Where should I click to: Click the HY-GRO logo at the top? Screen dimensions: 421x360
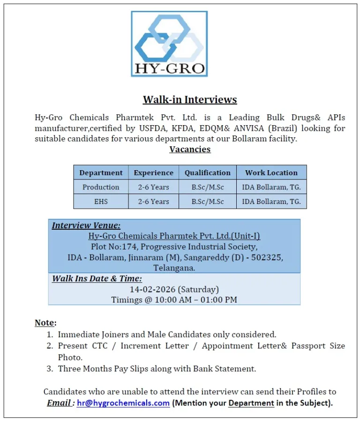169,44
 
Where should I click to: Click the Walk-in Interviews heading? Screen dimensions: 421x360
190,99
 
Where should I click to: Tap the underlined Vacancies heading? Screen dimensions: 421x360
190,149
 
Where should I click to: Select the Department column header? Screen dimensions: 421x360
101,173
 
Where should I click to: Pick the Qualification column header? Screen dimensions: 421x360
207,173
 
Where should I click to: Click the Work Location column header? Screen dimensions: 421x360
271,173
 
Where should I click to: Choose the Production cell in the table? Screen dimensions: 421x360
101,187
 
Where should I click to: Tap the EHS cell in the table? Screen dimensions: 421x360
101,202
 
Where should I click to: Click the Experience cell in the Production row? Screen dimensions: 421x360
153,187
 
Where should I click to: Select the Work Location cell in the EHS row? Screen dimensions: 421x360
271,202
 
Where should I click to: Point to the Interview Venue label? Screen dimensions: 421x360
86,226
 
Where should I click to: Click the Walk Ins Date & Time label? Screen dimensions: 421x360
97,278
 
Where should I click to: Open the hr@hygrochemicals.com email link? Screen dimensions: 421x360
123,403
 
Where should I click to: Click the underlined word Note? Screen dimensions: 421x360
45,323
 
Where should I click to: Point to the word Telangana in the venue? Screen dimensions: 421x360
174,268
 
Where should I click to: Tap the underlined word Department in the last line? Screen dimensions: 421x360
251,403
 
